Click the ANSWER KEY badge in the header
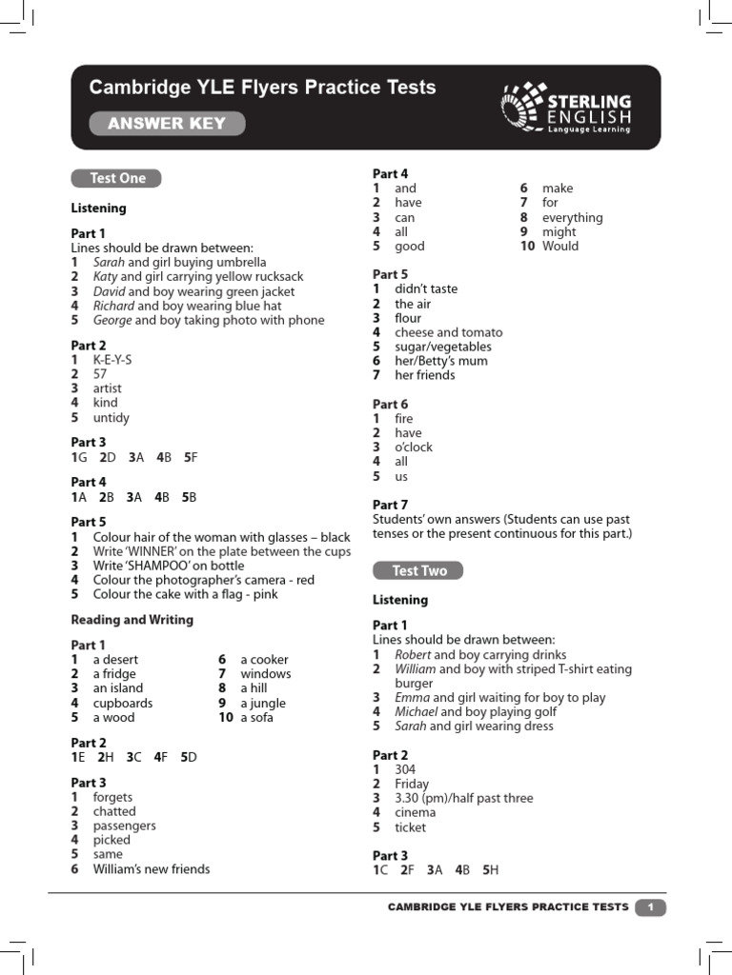tap(167, 124)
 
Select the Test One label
tap(116, 178)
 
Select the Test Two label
tap(417, 570)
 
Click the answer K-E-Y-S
tap(112, 360)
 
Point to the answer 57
tap(100, 374)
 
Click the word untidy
tap(111, 418)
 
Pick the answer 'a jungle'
tap(263, 703)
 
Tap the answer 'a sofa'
tap(256, 717)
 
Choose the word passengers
tap(124, 826)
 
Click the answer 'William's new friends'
tap(151, 868)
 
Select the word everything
tap(572, 217)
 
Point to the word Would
tap(560, 246)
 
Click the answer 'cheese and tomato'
tap(448, 332)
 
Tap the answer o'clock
tap(414, 447)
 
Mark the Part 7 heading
tap(390, 505)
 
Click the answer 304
tap(405, 769)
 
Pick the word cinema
tap(416, 812)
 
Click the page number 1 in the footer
tap(650, 907)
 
